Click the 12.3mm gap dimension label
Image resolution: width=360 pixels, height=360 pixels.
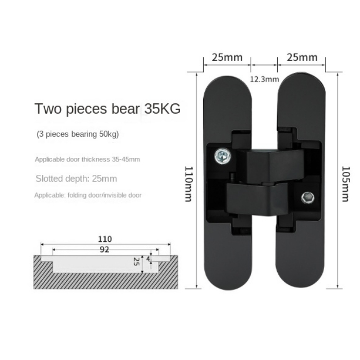pos(264,79)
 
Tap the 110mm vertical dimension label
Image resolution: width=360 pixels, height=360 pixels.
pos(188,183)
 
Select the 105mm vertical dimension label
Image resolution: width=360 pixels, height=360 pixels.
pos(346,183)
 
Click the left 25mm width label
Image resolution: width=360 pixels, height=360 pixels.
pos(227,57)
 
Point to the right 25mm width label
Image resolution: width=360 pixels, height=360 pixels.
pos(302,57)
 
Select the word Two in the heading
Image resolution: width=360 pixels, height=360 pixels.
pos(47,109)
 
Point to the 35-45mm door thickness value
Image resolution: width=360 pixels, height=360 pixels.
pos(125,159)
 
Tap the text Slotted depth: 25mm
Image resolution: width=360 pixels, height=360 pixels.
pos(76,179)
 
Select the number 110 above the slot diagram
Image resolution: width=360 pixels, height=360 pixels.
pos(105,239)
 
